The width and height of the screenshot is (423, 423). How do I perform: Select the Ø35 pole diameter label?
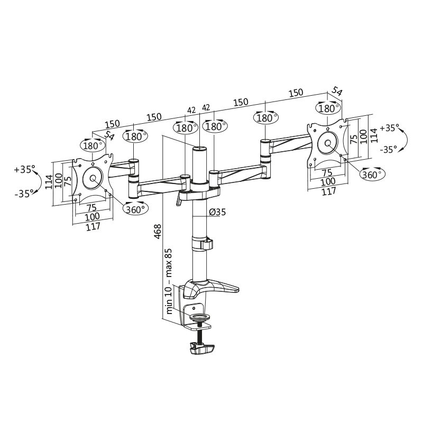click(x=217, y=213)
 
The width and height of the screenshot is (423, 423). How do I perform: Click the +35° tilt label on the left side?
click(x=25, y=170)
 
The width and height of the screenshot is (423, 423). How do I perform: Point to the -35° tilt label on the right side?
click(x=389, y=150)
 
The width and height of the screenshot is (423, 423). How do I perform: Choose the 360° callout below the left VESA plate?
click(x=136, y=209)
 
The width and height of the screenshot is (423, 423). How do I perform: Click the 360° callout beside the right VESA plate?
click(x=373, y=174)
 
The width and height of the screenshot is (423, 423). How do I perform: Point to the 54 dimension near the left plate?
click(x=109, y=135)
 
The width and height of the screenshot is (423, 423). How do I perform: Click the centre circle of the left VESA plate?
click(x=94, y=178)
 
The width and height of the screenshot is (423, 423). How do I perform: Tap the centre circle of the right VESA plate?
click(x=328, y=143)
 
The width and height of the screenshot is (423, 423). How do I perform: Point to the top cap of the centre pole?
click(x=199, y=150)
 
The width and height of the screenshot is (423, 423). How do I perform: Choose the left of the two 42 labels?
click(x=191, y=111)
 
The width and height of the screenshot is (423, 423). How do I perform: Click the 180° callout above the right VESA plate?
click(x=328, y=108)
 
